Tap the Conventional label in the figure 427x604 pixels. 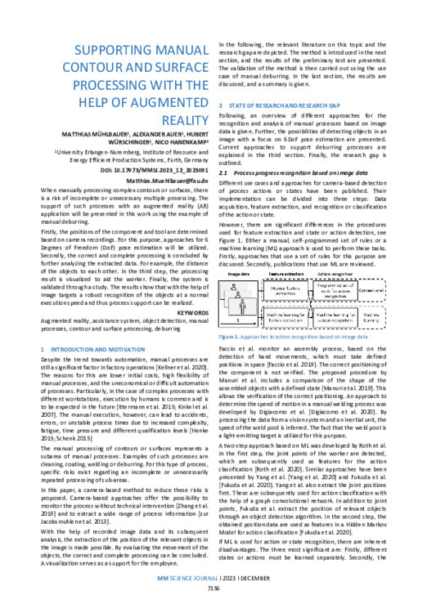pos(377,291)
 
